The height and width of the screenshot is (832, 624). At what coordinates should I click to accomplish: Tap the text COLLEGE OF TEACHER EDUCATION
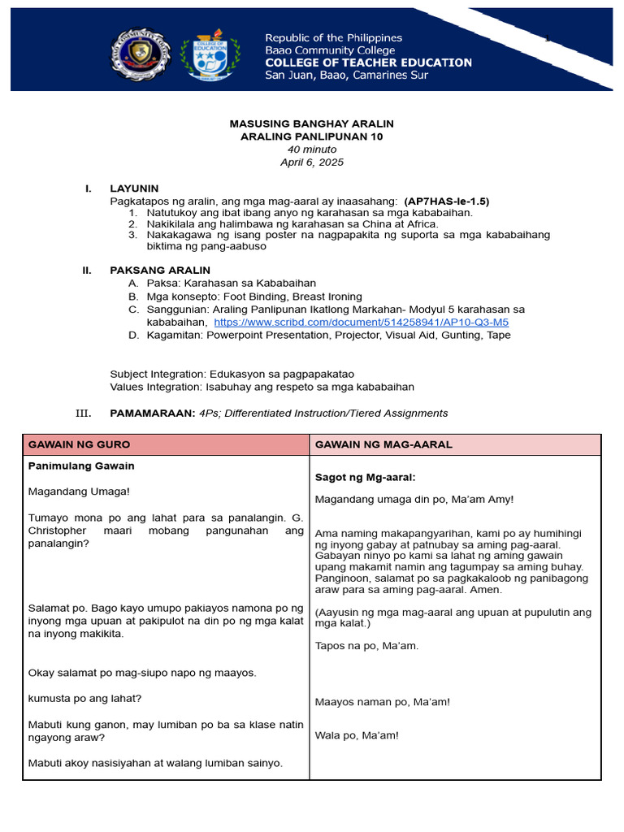click(368, 63)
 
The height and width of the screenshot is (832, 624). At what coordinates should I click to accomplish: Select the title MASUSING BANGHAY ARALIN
click(311, 123)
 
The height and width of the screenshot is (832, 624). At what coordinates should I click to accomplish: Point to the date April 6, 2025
click(311, 162)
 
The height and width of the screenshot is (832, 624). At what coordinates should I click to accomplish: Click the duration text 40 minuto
click(311, 149)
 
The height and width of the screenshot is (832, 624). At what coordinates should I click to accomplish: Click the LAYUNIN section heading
click(134, 188)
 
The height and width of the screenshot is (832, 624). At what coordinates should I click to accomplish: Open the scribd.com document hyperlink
click(361, 323)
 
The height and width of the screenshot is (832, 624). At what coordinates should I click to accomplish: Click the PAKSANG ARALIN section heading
click(159, 271)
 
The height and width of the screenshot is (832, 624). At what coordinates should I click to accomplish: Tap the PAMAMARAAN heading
click(152, 414)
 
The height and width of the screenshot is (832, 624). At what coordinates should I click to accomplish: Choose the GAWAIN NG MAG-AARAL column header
click(383, 445)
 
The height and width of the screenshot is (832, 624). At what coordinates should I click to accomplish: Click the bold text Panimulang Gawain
click(81, 466)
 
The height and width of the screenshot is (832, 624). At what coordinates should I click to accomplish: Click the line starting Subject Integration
click(232, 375)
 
